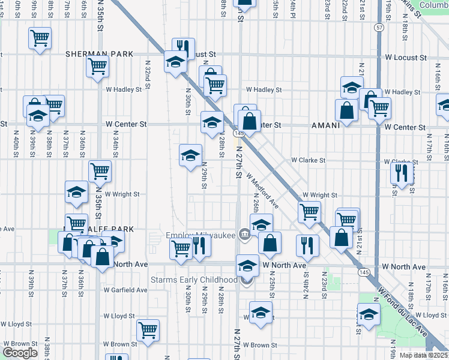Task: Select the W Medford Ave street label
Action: click(262, 191)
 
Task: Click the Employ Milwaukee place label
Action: click(201, 235)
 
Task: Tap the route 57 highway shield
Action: click(379, 28)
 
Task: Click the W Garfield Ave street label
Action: click(127, 289)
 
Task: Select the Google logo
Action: click(20, 353)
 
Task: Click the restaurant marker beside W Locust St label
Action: click(183, 48)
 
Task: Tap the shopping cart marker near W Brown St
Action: click(148, 329)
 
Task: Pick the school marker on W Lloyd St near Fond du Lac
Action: click(369, 313)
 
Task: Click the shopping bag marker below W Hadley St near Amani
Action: click(347, 110)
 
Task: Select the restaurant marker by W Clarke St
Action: click(401, 173)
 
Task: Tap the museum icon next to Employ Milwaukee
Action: click(244, 235)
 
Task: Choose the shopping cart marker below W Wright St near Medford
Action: click(309, 212)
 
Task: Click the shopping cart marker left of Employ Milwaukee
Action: click(181, 247)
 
